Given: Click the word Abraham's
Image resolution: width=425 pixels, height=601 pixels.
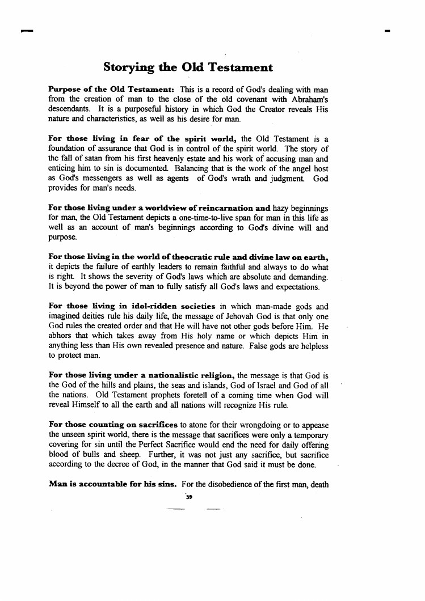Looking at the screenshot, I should click(306, 100).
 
